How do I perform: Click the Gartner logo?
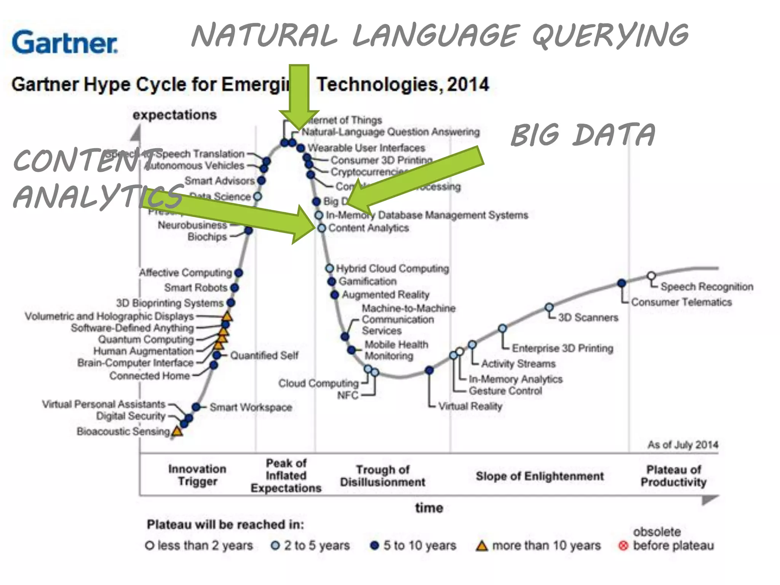pyautogui.click(x=65, y=42)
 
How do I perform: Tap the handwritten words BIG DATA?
pyautogui.click(x=583, y=135)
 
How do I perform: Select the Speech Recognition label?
pyautogui.click(x=707, y=286)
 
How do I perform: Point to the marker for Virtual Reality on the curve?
pyautogui.click(x=429, y=370)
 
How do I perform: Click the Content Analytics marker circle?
pyautogui.click(x=322, y=228)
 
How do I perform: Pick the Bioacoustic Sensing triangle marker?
pyautogui.click(x=177, y=432)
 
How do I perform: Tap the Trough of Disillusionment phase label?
pyautogui.click(x=382, y=476)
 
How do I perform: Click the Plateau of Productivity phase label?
pyautogui.click(x=673, y=476)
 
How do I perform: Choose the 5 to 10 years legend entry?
pyautogui.click(x=413, y=545)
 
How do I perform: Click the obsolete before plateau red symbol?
pyautogui.click(x=623, y=546)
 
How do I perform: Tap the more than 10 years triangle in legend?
pyautogui.click(x=482, y=546)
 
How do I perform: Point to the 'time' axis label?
pyautogui.click(x=429, y=508)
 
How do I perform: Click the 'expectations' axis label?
pyautogui.click(x=174, y=115)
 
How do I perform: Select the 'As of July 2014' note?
pyautogui.click(x=683, y=444)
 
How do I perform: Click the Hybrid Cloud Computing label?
pyautogui.click(x=392, y=269)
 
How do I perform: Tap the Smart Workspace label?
pyautogui.click(x=251, y=407)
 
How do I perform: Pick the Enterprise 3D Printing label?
pyautogui.click(x=563, y=348)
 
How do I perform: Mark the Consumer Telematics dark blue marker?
pyautogui.click(x=622, y=283)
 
